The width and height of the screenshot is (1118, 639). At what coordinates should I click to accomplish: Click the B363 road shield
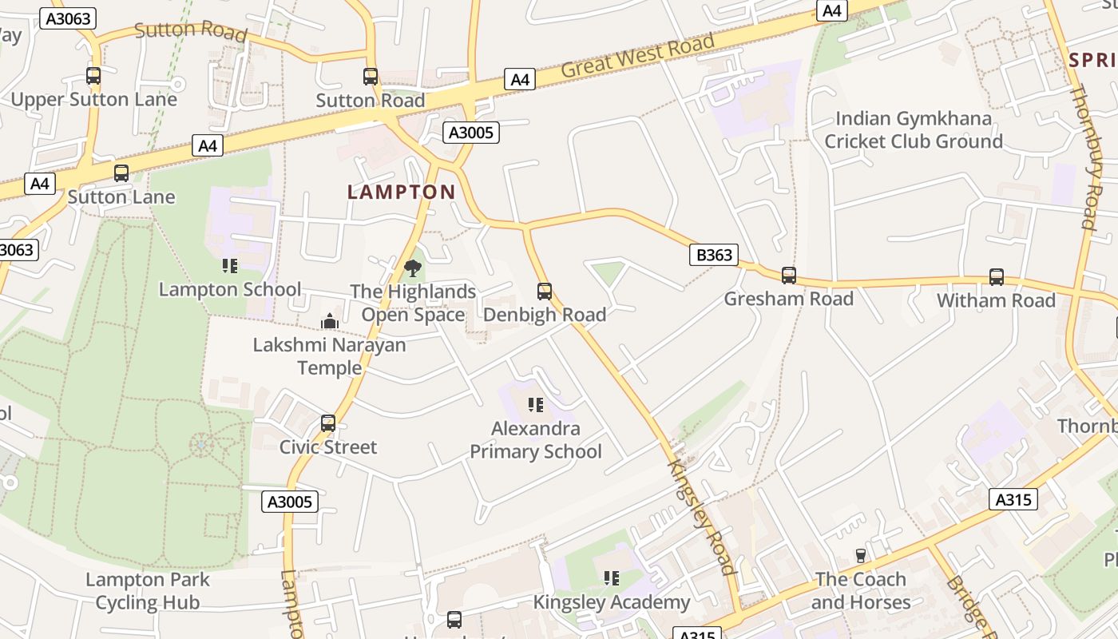coord(714,255)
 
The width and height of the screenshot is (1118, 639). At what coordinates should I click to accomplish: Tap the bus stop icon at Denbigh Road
coord(545,292)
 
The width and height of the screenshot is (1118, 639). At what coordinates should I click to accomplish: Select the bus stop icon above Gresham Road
coord(789,276)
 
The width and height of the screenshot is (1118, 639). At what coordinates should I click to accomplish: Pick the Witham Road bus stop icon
coord(997,277)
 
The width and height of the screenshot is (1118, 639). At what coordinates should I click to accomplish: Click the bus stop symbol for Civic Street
coord(328,423)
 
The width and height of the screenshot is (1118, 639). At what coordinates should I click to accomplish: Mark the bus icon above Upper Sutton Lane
coord(93,76)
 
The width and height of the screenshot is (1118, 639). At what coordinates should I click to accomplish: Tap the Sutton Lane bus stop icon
coord(121,173)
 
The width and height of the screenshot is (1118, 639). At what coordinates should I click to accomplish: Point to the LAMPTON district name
coord(402,192)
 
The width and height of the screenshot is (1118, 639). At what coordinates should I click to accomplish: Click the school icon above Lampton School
coord(230,266)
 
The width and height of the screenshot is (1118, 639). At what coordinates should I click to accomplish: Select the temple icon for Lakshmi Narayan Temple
coord(330,321)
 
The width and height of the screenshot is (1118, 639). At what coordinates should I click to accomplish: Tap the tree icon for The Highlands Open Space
coord(413,268)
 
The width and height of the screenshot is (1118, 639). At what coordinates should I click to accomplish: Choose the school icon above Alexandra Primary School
coord(535,405)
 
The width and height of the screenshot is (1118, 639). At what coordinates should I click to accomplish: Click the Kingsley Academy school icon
coord(612,578)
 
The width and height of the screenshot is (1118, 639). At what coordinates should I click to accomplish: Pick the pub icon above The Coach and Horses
coord(861,556)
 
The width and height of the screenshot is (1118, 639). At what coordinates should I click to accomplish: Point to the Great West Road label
coord(637,57)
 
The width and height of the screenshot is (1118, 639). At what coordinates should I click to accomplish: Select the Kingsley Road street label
coord(701,516)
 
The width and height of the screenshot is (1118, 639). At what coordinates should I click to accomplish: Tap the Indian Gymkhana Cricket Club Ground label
coord(914,130)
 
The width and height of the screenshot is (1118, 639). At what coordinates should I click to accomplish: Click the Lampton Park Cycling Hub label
coord(148,591)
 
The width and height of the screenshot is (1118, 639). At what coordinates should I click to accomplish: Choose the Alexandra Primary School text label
coord(536,440)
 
